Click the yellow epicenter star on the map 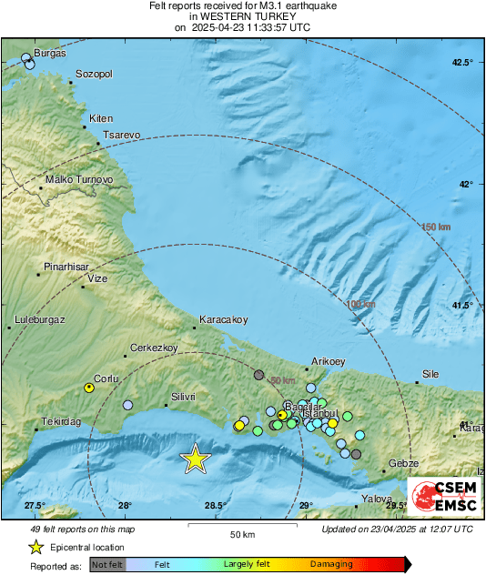tap(195, 459)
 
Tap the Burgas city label tap(50, 54)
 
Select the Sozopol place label tap(93, 74)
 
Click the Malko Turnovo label tap(79, 180)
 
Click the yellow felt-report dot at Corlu tap(89, 388)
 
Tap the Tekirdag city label tap(60, 422)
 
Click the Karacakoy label tap(224, 319)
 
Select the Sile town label tap(430, 374)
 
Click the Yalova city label tap(376, 499)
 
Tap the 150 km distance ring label tap(436, 227)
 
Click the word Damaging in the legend tap(331, 564)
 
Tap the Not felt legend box tap(108, 565)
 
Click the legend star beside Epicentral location tap(35, 547)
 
